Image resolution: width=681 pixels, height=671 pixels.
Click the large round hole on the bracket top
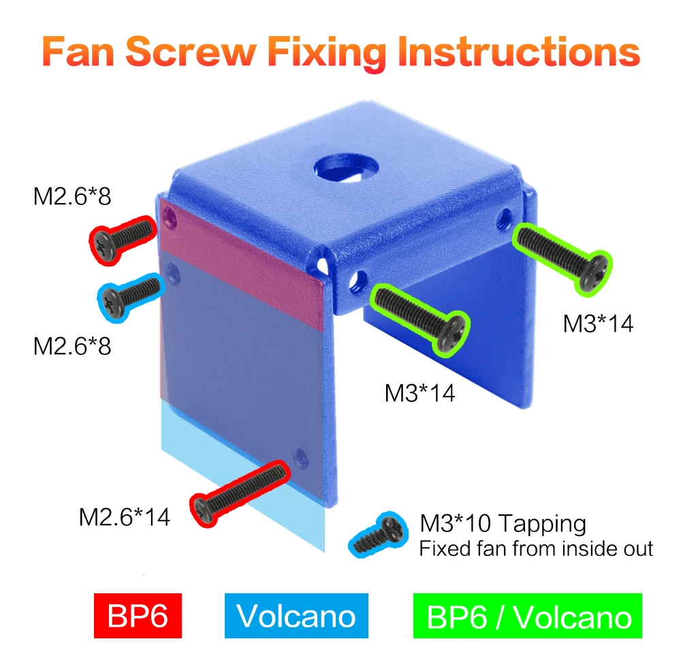[x=346, y=168]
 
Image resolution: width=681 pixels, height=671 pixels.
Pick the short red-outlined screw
[x=123, y=240]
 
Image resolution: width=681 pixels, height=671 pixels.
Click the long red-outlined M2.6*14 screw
[x=240, y=494]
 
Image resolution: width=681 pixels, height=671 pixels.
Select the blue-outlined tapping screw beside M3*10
[x=378, y=534]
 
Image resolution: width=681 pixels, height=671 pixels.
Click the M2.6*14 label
[x=124, y=517]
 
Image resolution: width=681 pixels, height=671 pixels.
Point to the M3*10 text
[x=455, y=523]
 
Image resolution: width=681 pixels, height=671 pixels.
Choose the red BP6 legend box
[x=138, y=615]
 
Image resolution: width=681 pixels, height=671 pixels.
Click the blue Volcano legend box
[x=296, y=615]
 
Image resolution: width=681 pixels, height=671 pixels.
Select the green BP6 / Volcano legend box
[x=527, y=615]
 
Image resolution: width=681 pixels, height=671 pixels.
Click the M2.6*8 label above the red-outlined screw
[x=72, y=196]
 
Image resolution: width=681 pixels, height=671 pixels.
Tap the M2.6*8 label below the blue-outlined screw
[x=72, y=346]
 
